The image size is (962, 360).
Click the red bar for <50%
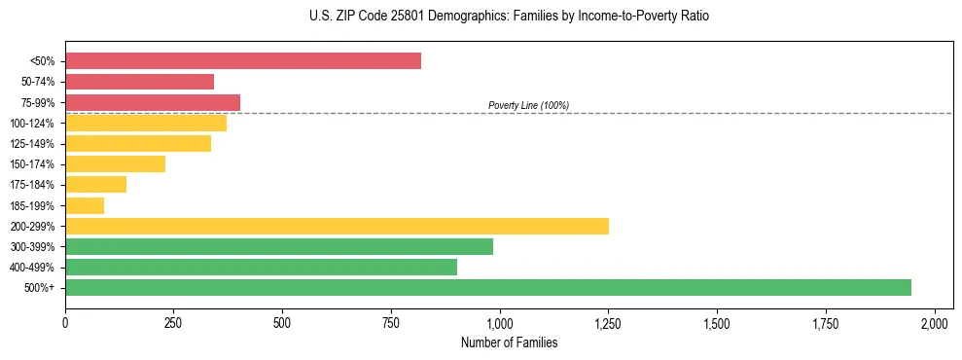click(x=243, y=61)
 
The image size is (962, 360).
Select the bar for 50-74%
click(x=139, y=82)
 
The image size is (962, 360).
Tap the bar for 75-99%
click(x=153, y=102)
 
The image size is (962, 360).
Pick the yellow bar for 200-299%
click(x=337, y=226)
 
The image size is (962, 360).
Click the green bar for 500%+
click(x=488, y=287)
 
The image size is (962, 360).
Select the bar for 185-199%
click(x=85, y=205)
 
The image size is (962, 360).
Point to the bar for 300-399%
click(x=279, y=246)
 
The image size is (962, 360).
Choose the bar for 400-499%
click(x=261, y=267)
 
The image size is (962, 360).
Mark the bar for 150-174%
click(x=115, y=164)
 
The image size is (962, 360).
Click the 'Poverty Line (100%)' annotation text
click(x=528, y=105)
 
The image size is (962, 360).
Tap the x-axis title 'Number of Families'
click(x=510, y=342)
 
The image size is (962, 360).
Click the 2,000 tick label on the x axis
click(x=935, y=322)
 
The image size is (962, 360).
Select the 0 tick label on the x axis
click(x=65, y=322)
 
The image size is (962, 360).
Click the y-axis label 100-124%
click(x=32, y=124)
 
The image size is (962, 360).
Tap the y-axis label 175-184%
click(x=32, y=185)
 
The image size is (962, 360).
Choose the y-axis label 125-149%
click(x=32, y=144)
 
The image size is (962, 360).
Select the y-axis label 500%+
click(x=39, y=288)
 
